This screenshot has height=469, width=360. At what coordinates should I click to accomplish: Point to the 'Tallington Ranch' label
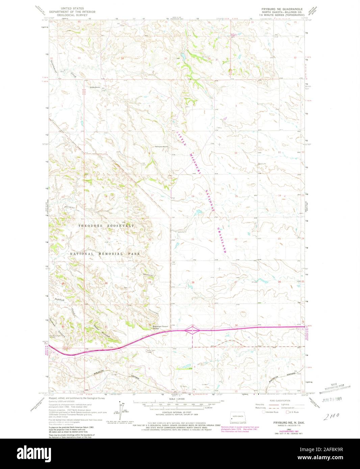coord(161,147)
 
